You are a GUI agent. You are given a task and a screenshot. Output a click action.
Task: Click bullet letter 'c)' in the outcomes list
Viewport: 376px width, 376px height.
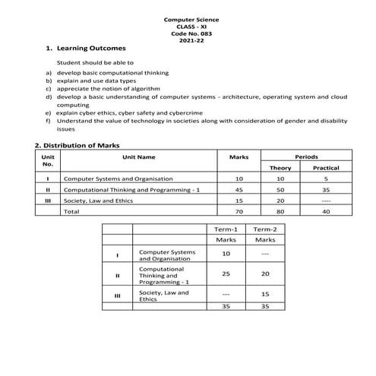coord(49,88)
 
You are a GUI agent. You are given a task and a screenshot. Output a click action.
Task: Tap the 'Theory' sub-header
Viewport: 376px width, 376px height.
coord(280,167)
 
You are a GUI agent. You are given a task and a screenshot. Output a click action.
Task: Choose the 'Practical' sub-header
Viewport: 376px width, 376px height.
coord(326,167)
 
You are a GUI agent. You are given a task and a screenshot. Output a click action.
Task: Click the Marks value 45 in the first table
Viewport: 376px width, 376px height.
coord(239,189)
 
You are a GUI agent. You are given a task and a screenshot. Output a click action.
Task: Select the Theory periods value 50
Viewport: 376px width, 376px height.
coord(280,189)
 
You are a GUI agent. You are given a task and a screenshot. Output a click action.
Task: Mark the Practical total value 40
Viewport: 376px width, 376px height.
coord(326,212)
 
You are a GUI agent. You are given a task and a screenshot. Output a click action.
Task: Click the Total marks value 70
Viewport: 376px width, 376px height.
coord(239,212)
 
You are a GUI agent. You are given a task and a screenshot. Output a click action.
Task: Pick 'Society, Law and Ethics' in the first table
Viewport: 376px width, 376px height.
coord(100,201)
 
